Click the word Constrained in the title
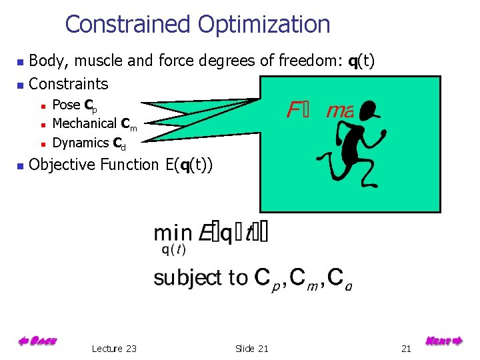127,25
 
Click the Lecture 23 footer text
114,349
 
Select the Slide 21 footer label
252,349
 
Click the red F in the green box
293,110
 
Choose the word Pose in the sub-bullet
66,105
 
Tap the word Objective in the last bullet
62,164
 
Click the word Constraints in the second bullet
69,84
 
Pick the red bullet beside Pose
42,105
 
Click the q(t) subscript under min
173,251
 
